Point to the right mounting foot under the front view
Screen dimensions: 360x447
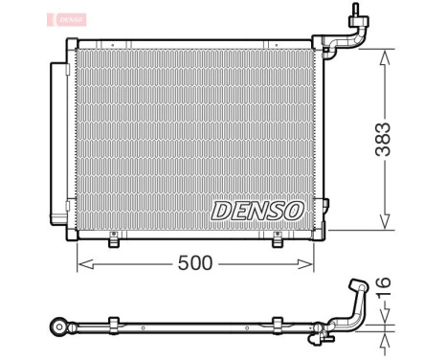click(x=279, y=242)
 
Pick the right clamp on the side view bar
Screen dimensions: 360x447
click(x=279, y=324)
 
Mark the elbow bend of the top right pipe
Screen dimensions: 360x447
click(x=355, y=38)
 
